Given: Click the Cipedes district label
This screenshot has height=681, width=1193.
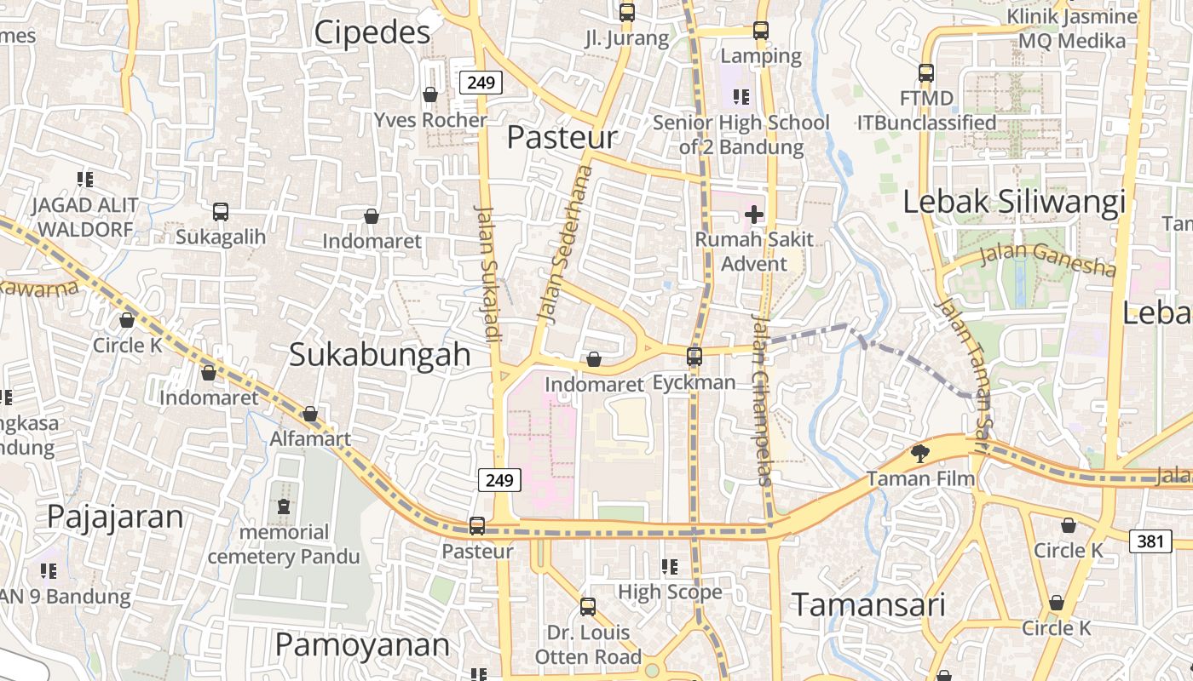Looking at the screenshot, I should pos(372,32).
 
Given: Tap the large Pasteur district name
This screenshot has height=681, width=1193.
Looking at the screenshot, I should pos(562,137).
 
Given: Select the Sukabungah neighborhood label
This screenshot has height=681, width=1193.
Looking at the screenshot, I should pos(380,354).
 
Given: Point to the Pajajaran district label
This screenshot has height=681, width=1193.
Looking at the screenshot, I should pos(115,517).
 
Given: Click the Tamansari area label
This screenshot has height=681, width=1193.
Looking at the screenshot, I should pos(869,605).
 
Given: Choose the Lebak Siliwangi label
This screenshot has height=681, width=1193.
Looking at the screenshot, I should pos(1014,203).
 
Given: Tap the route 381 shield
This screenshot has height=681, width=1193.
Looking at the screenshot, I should pos(1150,541).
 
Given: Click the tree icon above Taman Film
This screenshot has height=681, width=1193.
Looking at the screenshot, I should pos(920,453).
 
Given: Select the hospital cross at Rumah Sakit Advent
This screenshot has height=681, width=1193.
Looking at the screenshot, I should pos(754,214).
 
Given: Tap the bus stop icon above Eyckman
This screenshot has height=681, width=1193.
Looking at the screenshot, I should pos(694,356).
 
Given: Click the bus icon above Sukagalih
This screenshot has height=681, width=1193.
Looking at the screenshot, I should pos(221,211).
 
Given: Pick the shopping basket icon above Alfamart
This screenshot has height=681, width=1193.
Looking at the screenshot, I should pos(310,414).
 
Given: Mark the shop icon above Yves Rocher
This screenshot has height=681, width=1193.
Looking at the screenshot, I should pos(430,94).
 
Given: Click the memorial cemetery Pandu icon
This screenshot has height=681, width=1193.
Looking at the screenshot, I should pos(284,506).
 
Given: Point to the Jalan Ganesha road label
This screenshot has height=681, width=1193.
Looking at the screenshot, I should pos(1047,260).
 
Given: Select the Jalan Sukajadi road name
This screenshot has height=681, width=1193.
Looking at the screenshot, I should pos(486,272).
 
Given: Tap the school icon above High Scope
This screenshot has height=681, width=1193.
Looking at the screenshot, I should pos(670,566).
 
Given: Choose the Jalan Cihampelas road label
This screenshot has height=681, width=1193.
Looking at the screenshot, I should pos(762,400).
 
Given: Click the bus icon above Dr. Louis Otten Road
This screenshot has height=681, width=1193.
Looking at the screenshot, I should pos(588,607).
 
